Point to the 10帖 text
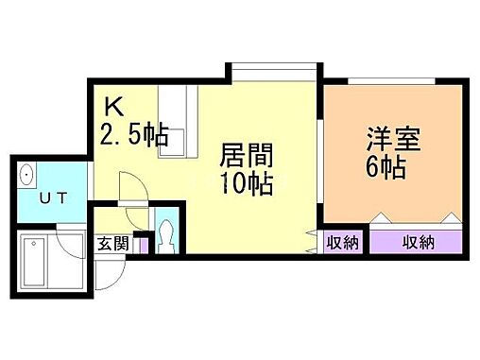[245, 181]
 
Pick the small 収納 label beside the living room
[342, 243]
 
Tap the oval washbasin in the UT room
[26, 176]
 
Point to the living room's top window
[270, 72]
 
